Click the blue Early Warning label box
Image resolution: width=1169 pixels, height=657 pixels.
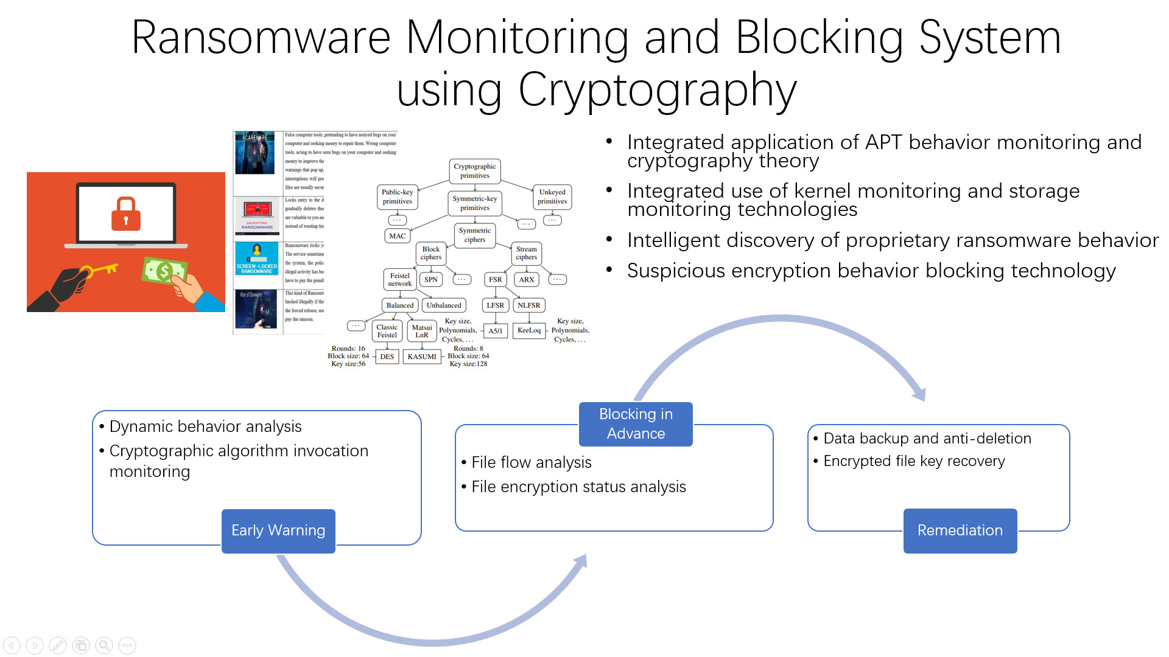(x=278, y=530)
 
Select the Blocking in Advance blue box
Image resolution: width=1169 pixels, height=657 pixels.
(x=636, y=424)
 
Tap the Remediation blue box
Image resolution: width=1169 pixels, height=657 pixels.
(x=960, y=530)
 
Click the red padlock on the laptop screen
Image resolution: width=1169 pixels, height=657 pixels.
(x=126, y=214)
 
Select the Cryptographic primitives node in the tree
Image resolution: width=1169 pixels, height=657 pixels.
(x=475, y=171)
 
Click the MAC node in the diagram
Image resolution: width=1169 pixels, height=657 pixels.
(x=397, y=236)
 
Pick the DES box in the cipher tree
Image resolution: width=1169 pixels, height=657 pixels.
(x=387, y=356)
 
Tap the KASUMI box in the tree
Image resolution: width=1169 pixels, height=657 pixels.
(x=422, y=356)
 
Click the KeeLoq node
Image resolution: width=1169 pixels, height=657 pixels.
(x=528, y=330)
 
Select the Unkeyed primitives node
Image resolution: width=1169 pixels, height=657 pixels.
(x=552, y=196)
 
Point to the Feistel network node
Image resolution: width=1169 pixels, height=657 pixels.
(x=400, y=280)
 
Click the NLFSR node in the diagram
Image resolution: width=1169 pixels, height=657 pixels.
(x=528, y=305)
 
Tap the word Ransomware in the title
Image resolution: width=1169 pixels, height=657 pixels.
(x=261, y=38)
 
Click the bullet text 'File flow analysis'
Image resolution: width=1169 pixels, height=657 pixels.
(x=531, y=462)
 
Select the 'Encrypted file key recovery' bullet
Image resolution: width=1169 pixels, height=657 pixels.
(x=914, y=461)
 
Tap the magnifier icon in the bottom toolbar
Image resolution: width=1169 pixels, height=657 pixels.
(x=104, y=645)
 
